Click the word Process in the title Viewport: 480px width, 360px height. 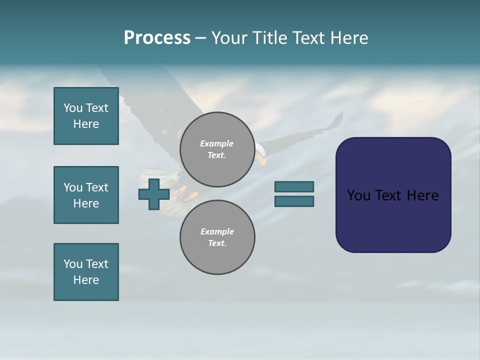point(157,38)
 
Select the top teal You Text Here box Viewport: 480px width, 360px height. point(86,116)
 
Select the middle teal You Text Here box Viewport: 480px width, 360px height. point(86,195)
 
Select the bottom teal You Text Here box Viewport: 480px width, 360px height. point(86,272)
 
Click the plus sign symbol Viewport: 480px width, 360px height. point(154,194)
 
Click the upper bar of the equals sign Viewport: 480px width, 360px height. point(294,186)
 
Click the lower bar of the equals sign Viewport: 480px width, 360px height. point(294,201)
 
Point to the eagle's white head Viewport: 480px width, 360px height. point(260,152)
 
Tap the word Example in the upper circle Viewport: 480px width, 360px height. point(216,143)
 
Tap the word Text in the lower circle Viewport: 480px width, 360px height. point(216,243)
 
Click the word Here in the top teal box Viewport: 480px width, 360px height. point(86,124)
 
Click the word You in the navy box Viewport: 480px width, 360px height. point(359,195)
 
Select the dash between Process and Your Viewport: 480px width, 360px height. point(201,38)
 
